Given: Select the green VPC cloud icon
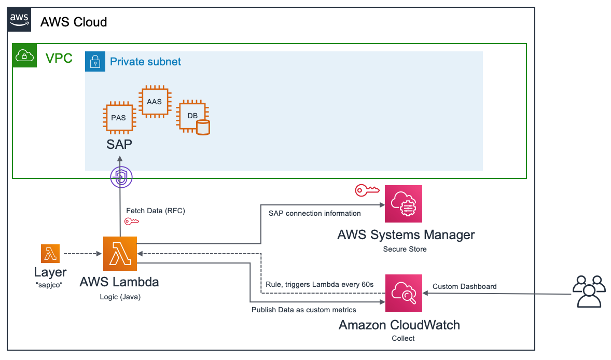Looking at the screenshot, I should tap(25, 56).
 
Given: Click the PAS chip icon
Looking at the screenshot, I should tap(118, 118).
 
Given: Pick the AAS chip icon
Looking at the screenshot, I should tap(154, 102).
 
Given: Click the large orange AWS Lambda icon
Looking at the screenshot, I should tap(120, 254).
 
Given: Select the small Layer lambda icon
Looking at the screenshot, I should tap(50, 254).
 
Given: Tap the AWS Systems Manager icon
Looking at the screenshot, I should tap(404, 204).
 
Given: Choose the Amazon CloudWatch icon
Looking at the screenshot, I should tap(404, 293).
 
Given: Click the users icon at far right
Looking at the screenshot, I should tap(589, 292).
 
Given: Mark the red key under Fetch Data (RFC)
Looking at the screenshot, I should tap(132, 221).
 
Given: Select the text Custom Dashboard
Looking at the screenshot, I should tap(464, 286).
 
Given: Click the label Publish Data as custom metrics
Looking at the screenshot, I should tap(304, 310).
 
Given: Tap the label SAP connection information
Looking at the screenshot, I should tap(314, 213).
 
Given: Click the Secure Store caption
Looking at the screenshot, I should tap(405, 249).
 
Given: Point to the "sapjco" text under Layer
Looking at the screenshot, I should tap(50, 284).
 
